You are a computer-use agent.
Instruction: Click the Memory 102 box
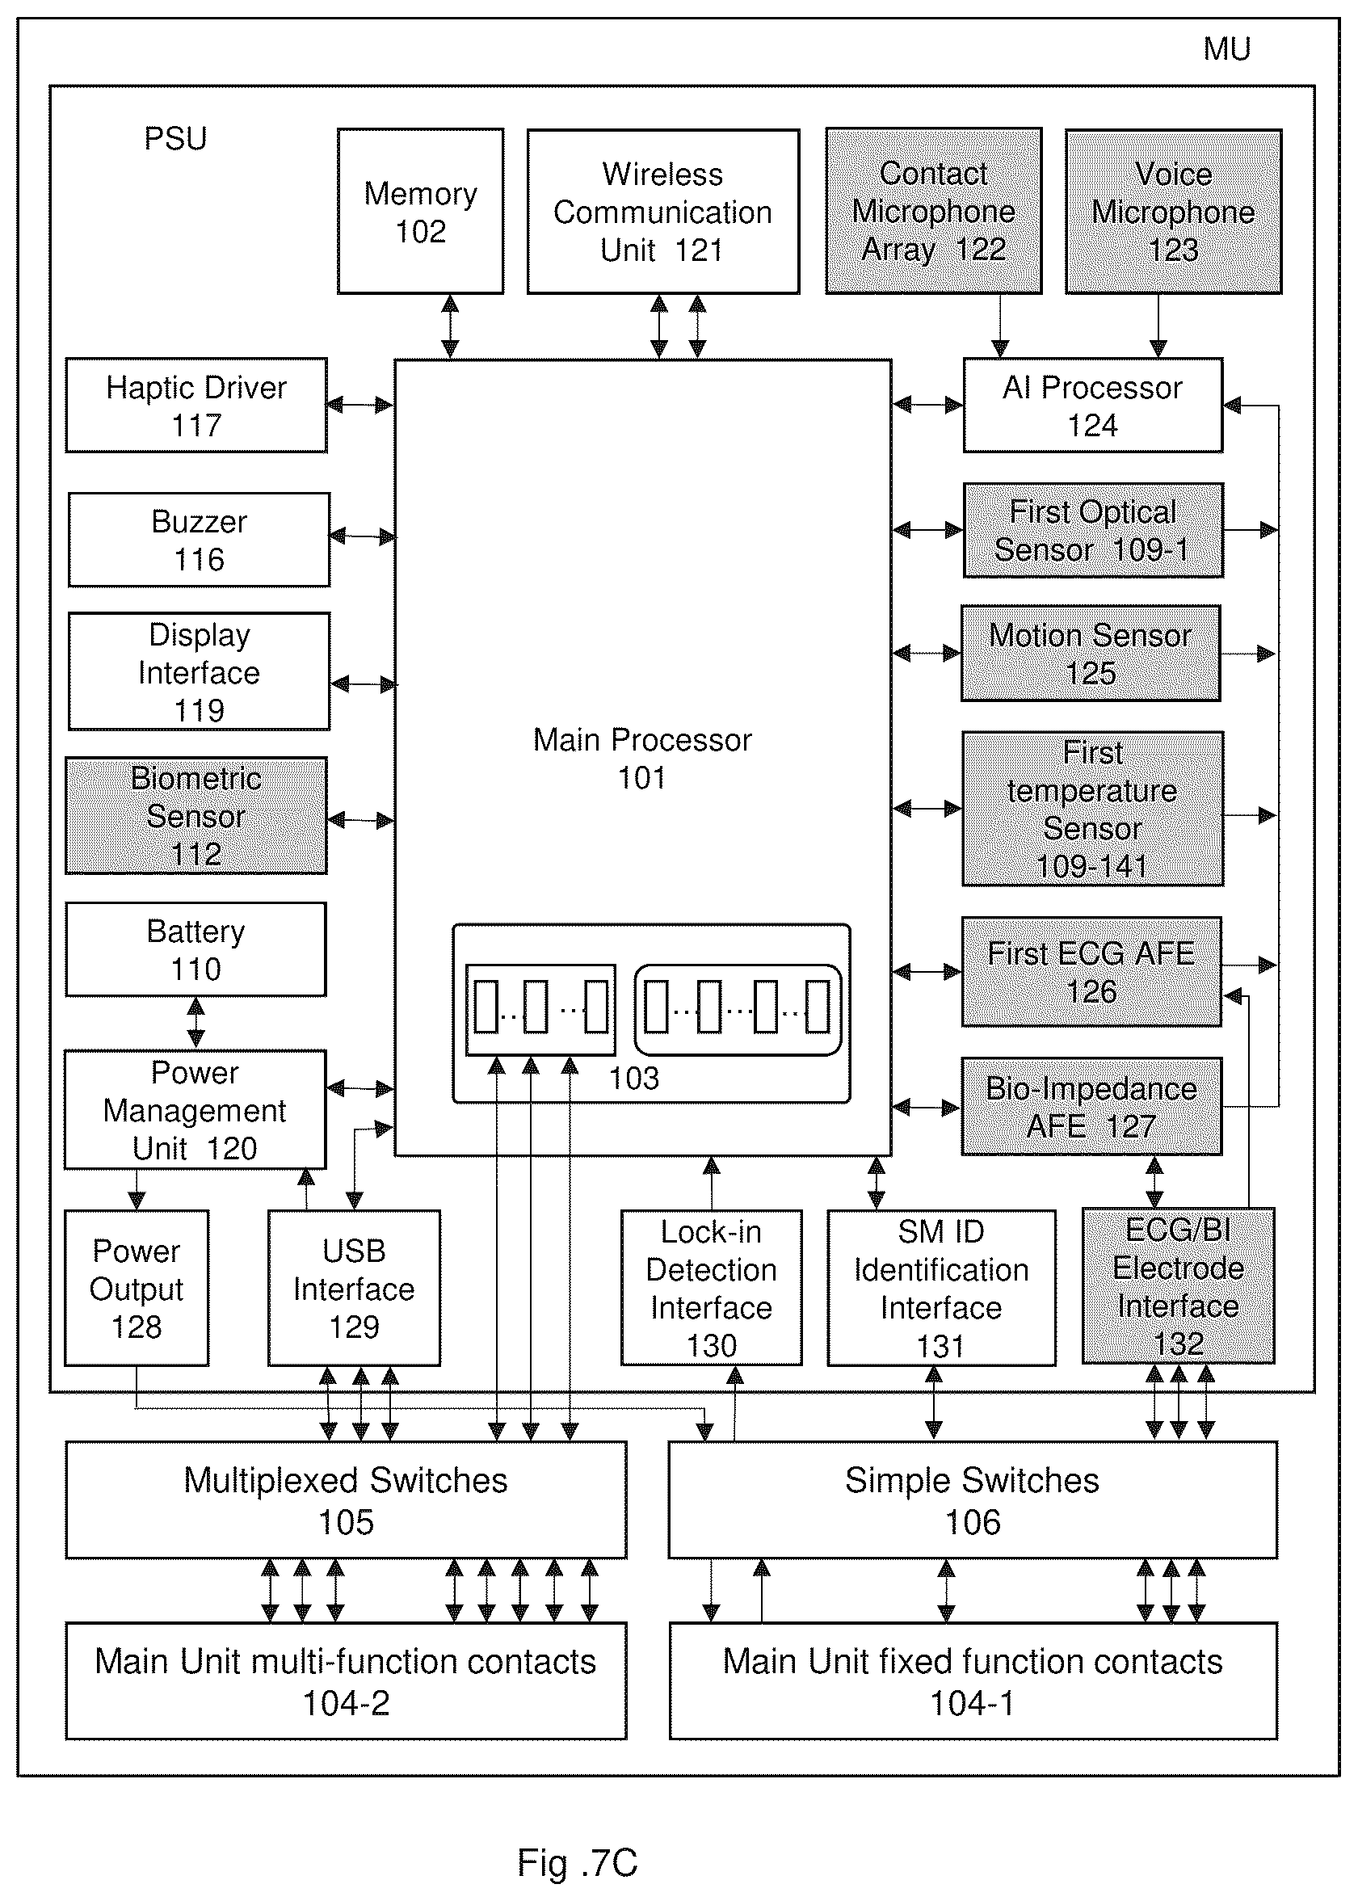coord(421,211)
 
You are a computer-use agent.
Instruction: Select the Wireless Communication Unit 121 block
coord(663,211)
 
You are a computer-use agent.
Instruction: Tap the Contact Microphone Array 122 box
coord(934,211)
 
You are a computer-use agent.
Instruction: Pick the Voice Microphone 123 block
coord(1173,211)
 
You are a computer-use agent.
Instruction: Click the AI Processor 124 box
coord(1093,406)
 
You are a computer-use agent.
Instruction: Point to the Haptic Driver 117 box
coord(196,406)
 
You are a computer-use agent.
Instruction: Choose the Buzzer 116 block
coord(199,540)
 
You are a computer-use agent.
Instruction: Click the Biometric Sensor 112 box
coord(196,815)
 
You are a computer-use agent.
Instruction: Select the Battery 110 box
coord(196,949)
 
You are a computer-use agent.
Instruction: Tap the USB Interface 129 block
coord(354,1288)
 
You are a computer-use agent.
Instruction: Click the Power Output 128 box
coord(137,1288)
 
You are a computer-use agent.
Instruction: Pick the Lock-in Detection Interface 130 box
coord(712,1288)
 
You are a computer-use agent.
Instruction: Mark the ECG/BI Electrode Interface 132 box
coord(1178,1286)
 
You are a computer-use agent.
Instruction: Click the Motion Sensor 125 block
coord(1091,653)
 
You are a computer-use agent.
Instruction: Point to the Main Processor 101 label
coord(642,759)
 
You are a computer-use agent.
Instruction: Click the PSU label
coord(175,138)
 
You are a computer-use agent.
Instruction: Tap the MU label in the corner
coord(1226,49)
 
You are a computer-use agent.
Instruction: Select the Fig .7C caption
coord(577,1862)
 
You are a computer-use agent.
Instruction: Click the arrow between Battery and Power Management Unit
coord(196,1023)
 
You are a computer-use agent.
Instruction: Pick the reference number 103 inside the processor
coord(634,1078)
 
